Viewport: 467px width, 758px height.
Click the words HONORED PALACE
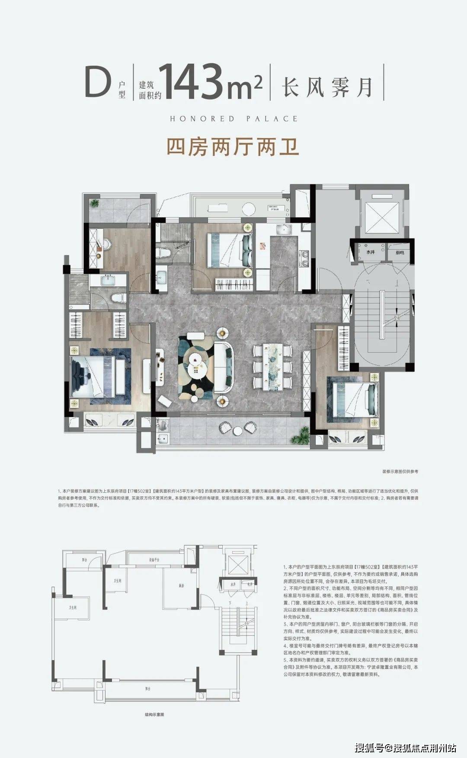click(233, 119)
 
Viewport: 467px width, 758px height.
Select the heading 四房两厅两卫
click(233, 147)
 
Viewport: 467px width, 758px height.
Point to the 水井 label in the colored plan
click(371, 252)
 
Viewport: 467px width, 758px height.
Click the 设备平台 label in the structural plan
click(154, 560)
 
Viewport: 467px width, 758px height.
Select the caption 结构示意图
click(154, 714)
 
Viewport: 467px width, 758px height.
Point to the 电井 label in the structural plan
click(249, 584)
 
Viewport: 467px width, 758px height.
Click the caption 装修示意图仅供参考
click(400, 471)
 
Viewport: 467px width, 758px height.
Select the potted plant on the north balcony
click(94, 203)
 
